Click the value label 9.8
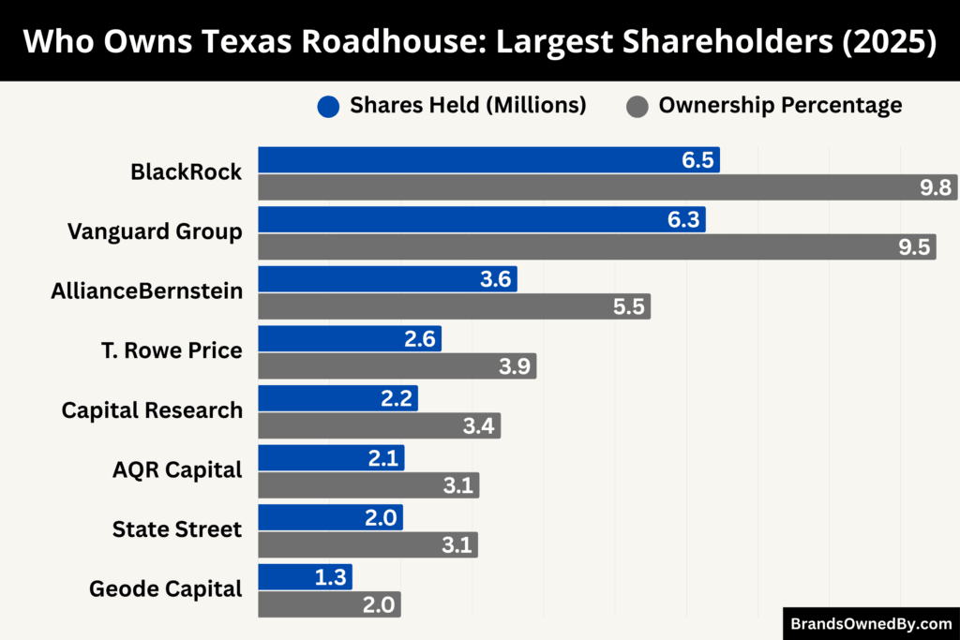tap(936, 188)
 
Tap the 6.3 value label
tap(682, 220)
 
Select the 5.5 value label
tap(628, 306)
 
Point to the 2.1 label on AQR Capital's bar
tap(385, 458)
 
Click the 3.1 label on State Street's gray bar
tap(458, 545)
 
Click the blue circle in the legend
tap(328, 106)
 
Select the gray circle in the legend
tap(637, 106)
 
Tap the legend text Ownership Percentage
tap(780, 105)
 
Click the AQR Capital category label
tap(177, 469)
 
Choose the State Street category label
tap(177, 529)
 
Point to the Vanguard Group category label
tap(155, 231)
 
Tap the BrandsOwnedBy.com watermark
tap(871, 623)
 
